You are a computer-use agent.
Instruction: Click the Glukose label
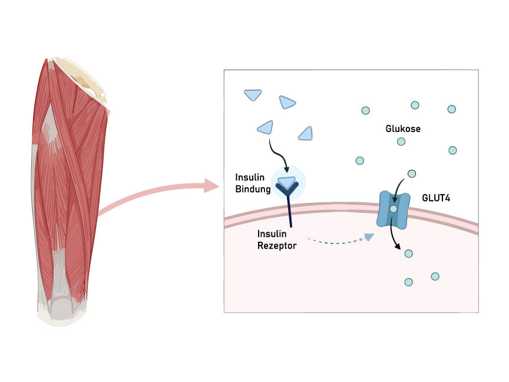(x=403, y=129)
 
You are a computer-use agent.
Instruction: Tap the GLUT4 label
(x=436, y=198)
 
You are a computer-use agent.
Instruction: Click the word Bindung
(x=253, y=189)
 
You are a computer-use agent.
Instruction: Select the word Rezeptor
(x=277, y=246)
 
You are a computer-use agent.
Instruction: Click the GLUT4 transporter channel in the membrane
(x=393, y=209)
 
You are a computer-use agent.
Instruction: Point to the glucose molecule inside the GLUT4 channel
(x=393, y=209)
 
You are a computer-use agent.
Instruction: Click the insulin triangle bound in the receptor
(x=287, y=182)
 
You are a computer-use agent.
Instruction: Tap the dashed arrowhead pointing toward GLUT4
(x=369, y=237)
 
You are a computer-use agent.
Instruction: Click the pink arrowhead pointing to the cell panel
(x=211, y=186)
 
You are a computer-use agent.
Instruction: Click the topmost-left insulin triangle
(x=253, y=95)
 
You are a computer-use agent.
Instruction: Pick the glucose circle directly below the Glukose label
(x=401, y=141)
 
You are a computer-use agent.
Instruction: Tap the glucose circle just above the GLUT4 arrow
(x=412, y=174)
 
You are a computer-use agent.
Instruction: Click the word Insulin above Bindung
(x=250, y=177)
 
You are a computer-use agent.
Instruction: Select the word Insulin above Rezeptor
(x=272, y=234)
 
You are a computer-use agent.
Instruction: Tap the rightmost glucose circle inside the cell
(x=435, y=276)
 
